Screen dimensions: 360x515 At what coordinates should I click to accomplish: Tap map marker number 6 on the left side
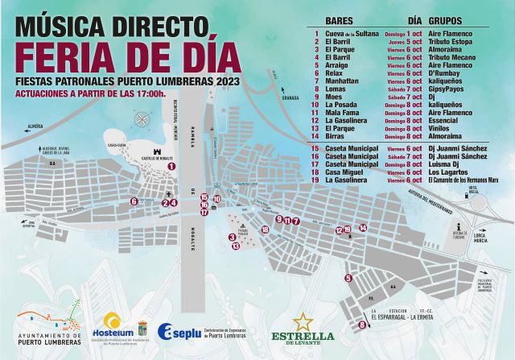134,201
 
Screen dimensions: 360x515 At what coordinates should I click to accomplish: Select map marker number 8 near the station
361,325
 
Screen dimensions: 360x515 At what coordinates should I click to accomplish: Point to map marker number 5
348,279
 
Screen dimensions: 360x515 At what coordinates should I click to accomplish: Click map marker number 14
363,228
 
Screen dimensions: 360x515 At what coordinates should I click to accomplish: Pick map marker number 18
265,230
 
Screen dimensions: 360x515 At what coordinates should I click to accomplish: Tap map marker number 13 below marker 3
236,246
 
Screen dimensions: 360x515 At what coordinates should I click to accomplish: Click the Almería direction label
35,126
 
